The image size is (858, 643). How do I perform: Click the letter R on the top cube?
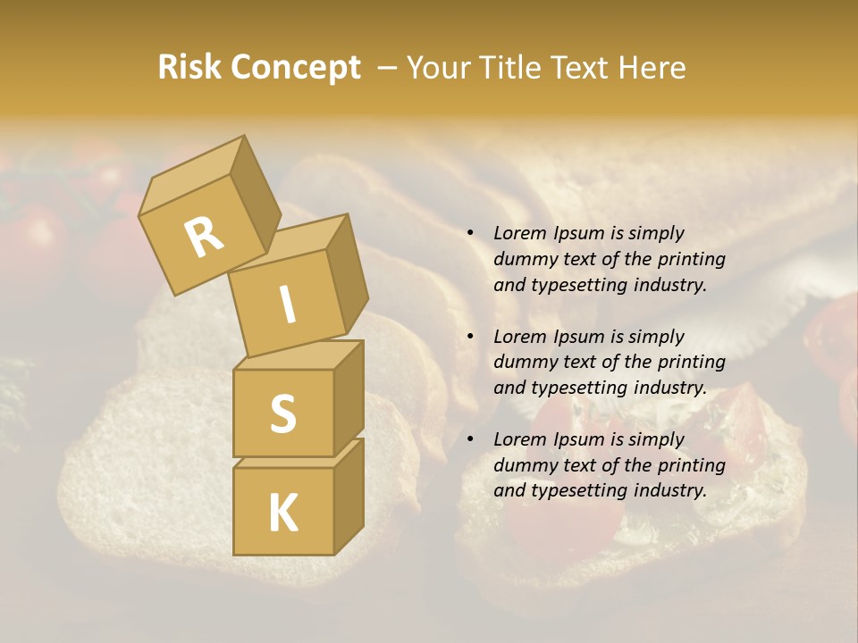[x=204, y=238]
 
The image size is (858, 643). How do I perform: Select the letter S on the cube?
[x=282, y=414]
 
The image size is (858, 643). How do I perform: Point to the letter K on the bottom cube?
[x=282, y=514]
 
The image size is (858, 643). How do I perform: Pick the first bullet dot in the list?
[x=469, y=233]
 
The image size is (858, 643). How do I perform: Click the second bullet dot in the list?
[x=469, y=337]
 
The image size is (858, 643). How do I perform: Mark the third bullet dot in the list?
[x=469, y=439]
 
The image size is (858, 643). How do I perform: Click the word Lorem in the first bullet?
[x=519, y=233]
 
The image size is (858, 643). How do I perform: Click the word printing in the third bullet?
[x=693, y=465]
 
